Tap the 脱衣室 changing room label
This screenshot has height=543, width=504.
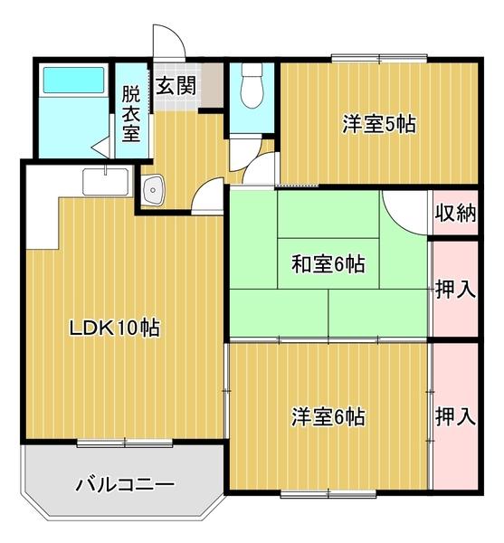(x=131, y=113)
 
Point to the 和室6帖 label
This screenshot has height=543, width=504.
(x=328, y=264)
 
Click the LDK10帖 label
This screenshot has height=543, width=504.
(x=115, y=328)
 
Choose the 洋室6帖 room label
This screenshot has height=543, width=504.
(x=328, y=417)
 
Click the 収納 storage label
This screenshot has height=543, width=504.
(x=454, y=214)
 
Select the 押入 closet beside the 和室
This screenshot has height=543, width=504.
(x=454, y=291)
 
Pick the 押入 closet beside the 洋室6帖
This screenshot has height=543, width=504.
(x=454, y=417)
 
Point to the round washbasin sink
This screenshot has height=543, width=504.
(x=153, y=190)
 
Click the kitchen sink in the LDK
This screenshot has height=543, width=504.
(x=105, y=184)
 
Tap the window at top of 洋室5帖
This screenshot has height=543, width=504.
(x=366, y=59)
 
